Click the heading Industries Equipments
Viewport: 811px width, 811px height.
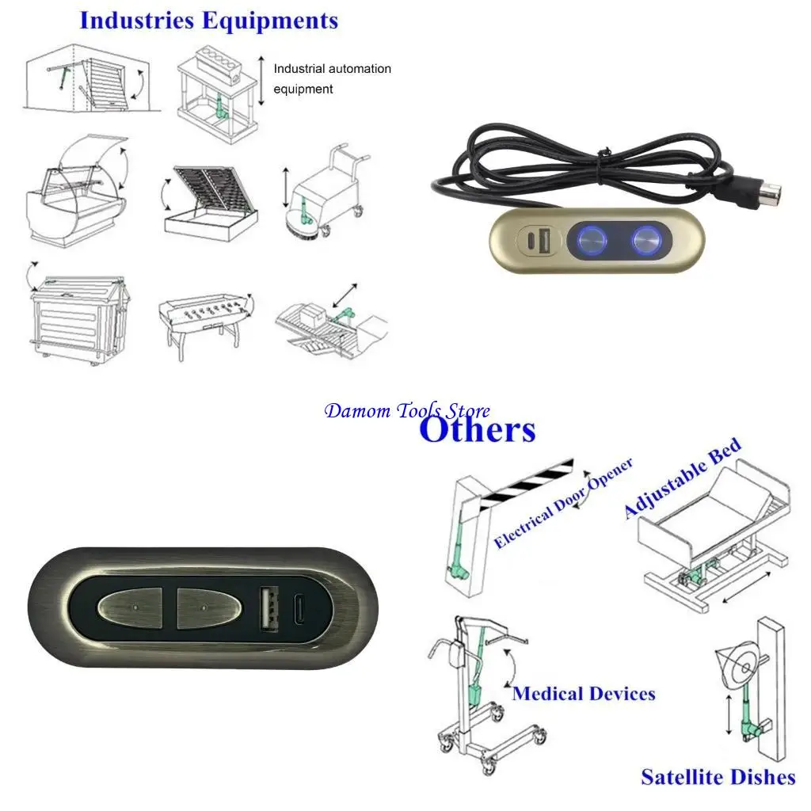[x=208, y=21]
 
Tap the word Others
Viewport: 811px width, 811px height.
[x=477, y=430]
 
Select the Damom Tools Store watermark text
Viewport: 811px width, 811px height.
[x=407, y=410]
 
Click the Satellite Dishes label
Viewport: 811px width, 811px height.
[x=718, y=777]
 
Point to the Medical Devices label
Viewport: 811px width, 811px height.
[x=584, y=694]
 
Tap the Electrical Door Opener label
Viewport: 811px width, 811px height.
[x=563, y=504]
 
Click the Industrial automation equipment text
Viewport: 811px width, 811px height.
[x=332, y=78]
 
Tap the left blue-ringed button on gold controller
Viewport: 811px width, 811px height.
[x=589, y=239]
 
